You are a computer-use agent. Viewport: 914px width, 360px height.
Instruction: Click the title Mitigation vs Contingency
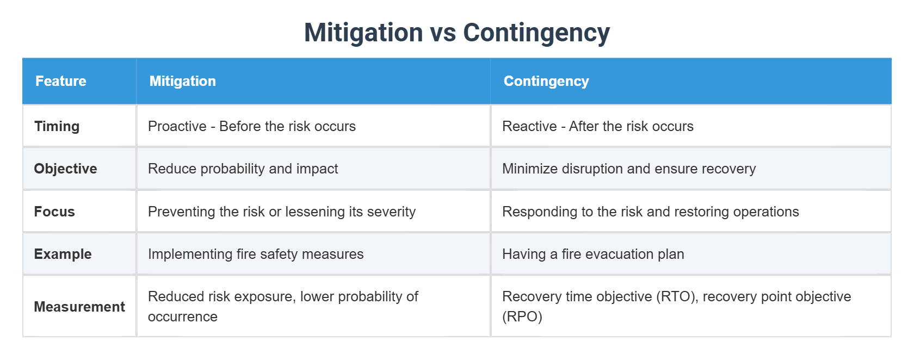(x=456, y=33)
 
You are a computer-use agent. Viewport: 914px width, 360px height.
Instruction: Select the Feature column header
(x=61, y=81)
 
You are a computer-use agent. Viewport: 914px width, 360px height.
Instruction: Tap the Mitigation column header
(x=182, y=81)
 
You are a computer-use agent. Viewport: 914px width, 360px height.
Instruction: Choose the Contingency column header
(x=546, y=81)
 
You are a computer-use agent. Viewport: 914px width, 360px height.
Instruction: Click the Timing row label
(x=57, y=126)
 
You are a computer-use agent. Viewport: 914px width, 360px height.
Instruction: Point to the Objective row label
(x=65, y=169)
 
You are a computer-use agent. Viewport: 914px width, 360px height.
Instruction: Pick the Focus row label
(x=54, y=212)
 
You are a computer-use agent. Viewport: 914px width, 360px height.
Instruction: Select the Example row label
(x=63, y=254)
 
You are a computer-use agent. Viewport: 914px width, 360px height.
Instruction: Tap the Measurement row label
(x=79, y=307)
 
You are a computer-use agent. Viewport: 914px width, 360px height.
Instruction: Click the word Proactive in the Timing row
(x=177, y=126)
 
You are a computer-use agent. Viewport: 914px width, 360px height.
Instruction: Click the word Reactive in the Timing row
(x=529, y=126)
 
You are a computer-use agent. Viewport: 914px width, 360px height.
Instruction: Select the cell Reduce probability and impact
(x=243, y=169)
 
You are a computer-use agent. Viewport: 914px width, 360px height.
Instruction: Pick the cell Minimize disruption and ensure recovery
(x=628, y=169)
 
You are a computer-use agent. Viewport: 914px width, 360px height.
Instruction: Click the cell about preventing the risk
(x=281, y=212)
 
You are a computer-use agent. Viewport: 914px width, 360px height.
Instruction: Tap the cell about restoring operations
(x=650, y=212)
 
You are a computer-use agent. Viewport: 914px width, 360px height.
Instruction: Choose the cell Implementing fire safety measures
(x=256, y=254)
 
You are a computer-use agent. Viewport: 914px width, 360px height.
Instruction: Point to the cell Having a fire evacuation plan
(x=592, y=254)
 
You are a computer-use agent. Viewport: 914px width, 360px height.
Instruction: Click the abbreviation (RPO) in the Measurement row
(x=522, y=316)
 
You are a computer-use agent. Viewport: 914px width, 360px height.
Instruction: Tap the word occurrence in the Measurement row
(x=182, y=316)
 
